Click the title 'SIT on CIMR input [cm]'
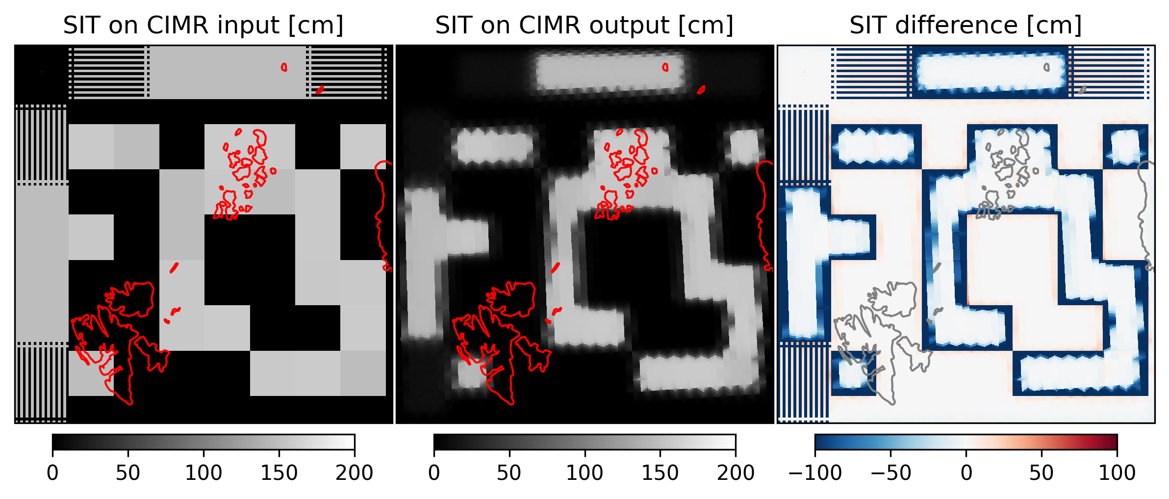pyautogui.click(x=203, y=25)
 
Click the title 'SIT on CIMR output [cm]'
pyautogui.click(x=584, y=25)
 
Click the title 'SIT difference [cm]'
pyautogui.click(x=966, y=25)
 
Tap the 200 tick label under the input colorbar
pyautogui.click(x=354, y=473)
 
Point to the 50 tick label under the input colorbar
pyautogui.click(x=128, y=473)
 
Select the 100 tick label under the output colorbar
pyautogui.click(x=584, y=473)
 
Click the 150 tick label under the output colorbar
pyautogui.click(x=660, y=473)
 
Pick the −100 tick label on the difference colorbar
pyautogui.click(x=814, y=473)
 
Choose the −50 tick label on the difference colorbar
pyautogui.click(x=890, y=473)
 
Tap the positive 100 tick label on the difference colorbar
pyautogui.click(x=1117, y=473)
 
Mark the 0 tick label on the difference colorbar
pyautogui.click(x=966, y=473)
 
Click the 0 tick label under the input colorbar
pyautogui.click(x=52, y=473)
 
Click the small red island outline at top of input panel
pyautogui.click(x=284, y=67)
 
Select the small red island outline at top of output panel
pyautogui.click(x=665, y=67)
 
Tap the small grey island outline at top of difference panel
pyautogui.click(x=1046, y=67)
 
